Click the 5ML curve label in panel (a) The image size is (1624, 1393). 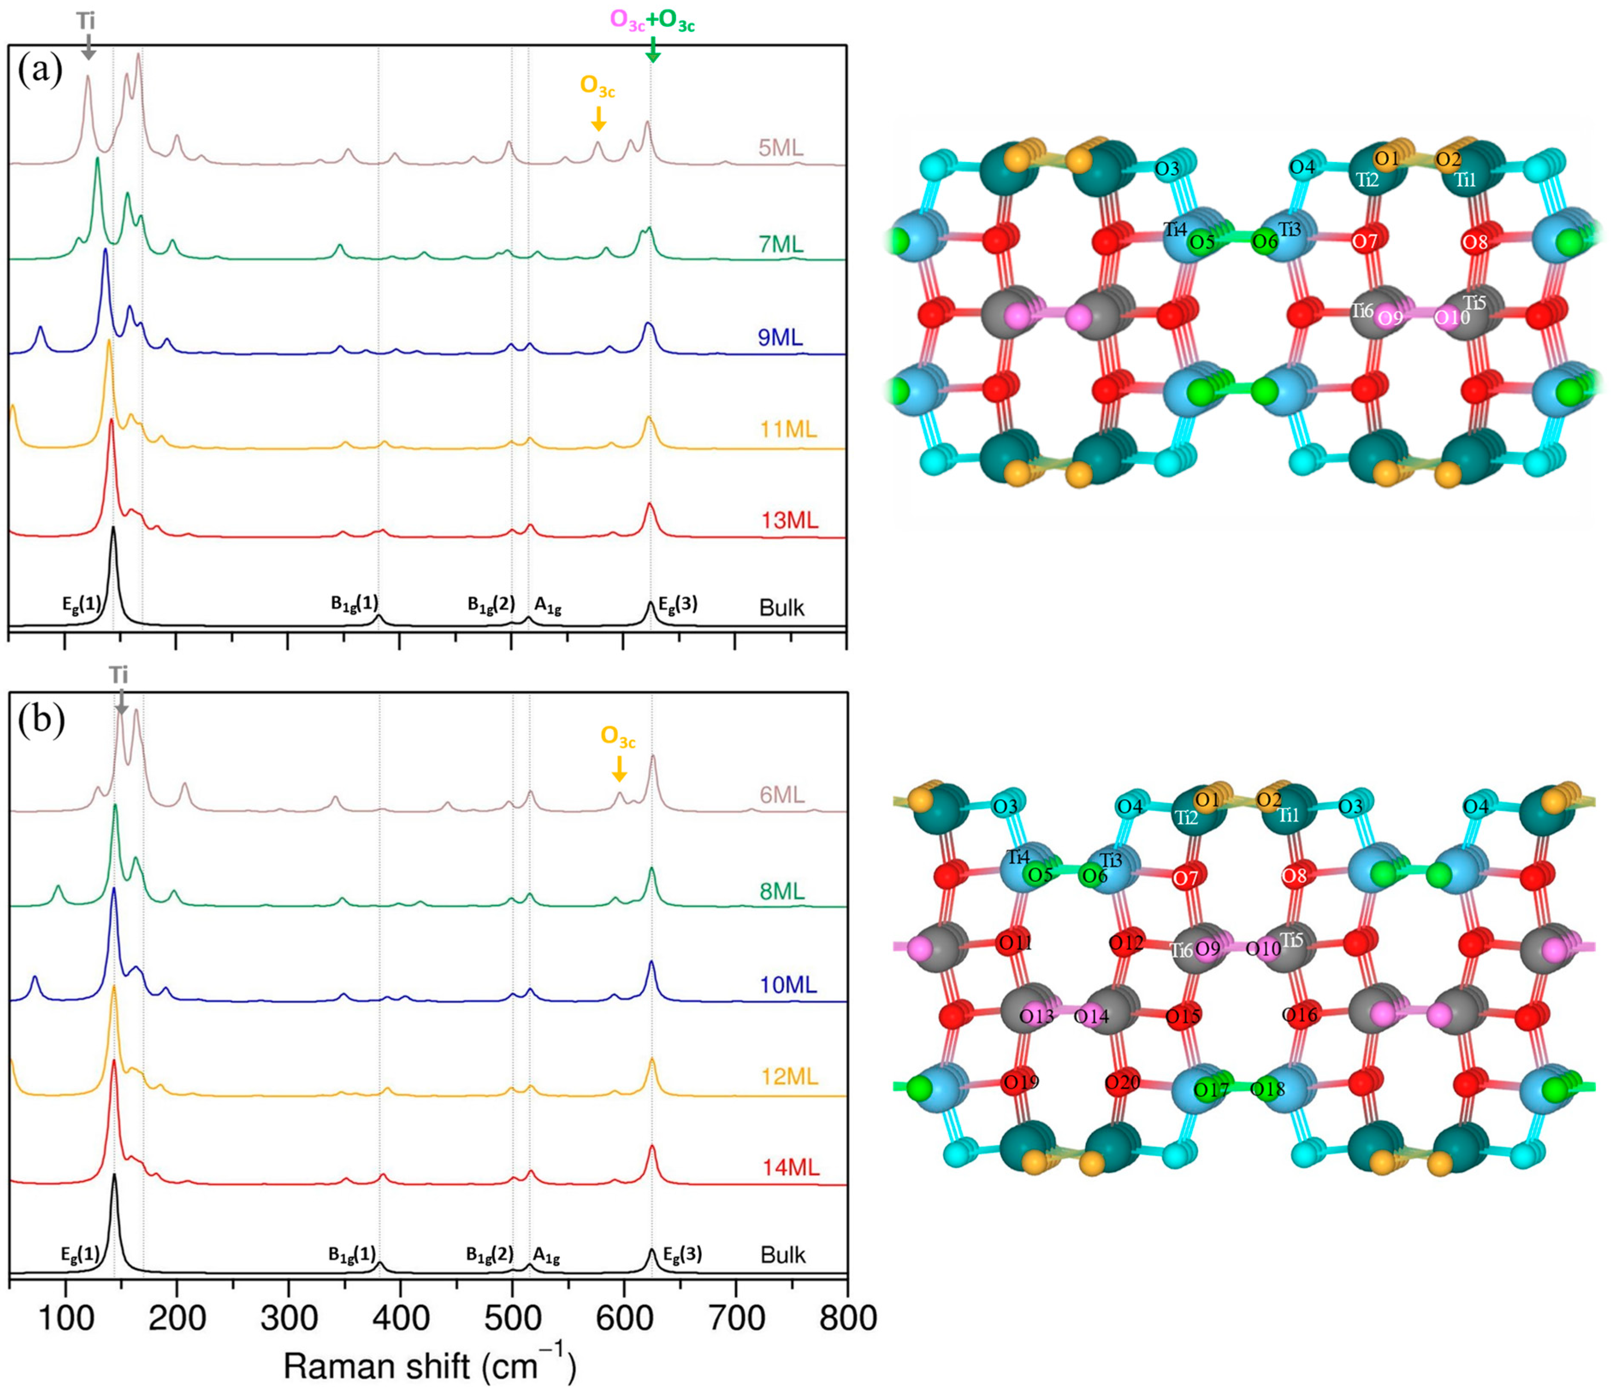point(781,148)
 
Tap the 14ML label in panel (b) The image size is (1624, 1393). point(791,1168)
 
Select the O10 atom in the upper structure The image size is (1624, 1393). point(1452,317)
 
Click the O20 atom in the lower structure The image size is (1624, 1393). point(1122,1083)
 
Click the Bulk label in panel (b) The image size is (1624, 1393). point(782,1255)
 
